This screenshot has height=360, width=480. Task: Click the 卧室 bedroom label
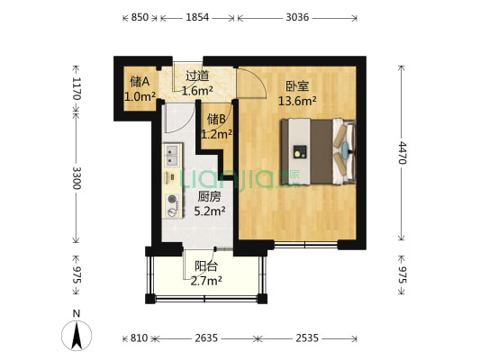coord(297,86)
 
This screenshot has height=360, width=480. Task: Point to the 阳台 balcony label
coord(206,266)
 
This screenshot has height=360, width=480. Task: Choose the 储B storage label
coord(216,119)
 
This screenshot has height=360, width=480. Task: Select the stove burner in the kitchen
coord(171,200)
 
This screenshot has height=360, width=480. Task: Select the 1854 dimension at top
coord(197,17)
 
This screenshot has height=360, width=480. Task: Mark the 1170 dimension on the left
coord(77,88)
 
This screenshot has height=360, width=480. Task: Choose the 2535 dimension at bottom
coord(309,338)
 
